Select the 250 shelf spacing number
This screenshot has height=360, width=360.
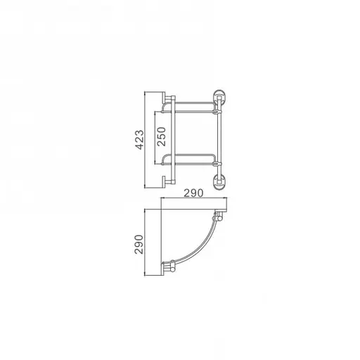[160, 135]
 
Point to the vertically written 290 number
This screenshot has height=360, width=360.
[139, 243]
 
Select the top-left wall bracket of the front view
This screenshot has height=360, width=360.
[167, 97]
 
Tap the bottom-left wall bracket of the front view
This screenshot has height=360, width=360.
[167, 181]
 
